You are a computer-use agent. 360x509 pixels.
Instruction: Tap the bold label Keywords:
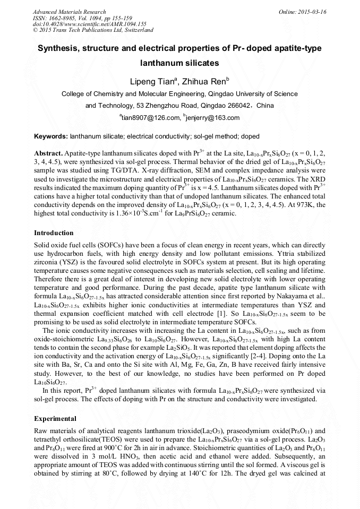tap(51, 136)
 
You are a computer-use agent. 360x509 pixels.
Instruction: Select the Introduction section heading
tap(54, 232)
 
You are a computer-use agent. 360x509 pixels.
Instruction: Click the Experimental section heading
tap(55, 418)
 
